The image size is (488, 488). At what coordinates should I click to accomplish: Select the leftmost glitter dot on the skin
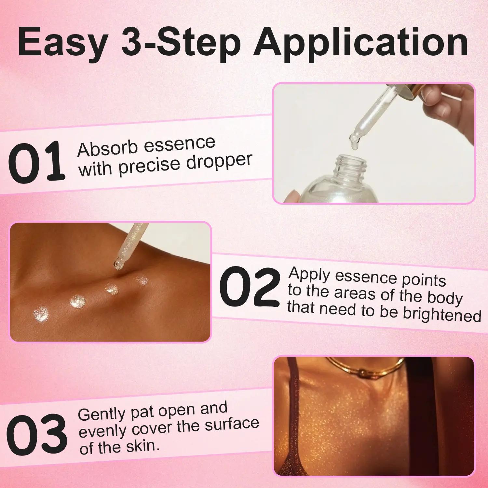tap(41, 314)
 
